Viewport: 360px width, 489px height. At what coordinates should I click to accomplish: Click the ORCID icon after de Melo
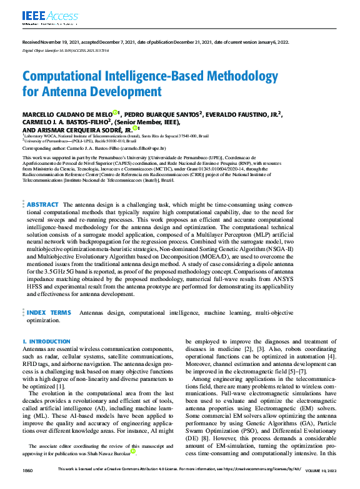pos(116,112)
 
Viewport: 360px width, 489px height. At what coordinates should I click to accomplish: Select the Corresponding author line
pos(94,149)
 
